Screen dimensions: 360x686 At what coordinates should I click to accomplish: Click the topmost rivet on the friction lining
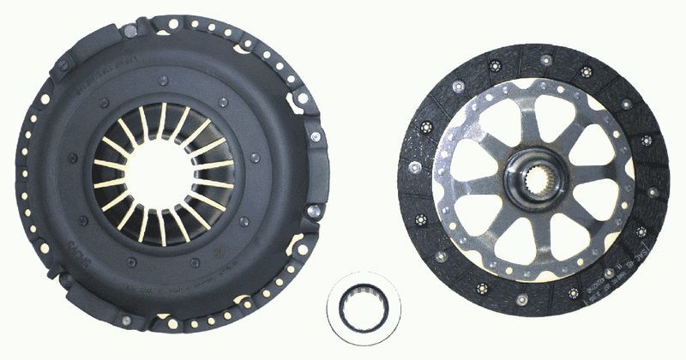pos(545,59)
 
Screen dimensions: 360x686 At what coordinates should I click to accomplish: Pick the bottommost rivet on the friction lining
pos(521,299)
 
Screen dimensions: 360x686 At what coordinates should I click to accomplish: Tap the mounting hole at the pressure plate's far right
pos(315,137)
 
